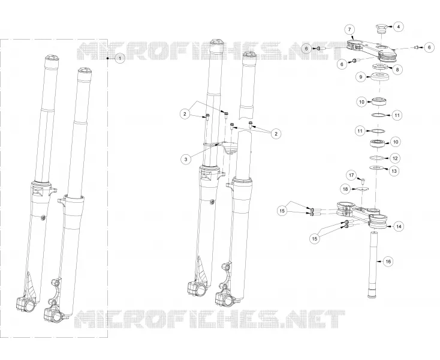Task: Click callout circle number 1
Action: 120,58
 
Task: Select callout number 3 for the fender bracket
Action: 186,160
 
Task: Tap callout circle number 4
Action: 399,26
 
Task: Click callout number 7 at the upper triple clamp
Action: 349,29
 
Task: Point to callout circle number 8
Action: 397,70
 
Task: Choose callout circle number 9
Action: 361,77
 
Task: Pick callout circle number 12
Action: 395,158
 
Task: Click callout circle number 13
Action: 394,171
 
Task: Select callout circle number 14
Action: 399,226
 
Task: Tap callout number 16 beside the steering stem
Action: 388,262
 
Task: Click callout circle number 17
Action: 351,176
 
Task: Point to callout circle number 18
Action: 345,189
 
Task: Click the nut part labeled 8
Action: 380,67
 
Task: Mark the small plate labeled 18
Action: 362,189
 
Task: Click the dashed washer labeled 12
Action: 377,158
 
